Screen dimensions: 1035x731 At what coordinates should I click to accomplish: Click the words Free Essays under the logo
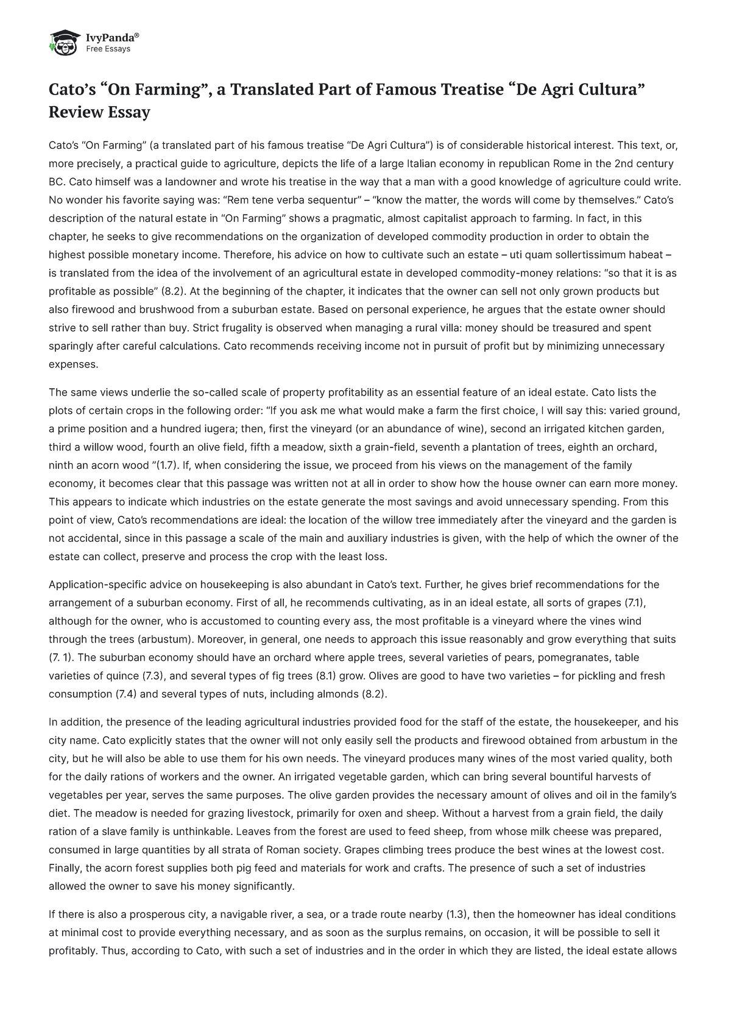[108, 49]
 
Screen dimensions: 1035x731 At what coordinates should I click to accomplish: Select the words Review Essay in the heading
[99, 112]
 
